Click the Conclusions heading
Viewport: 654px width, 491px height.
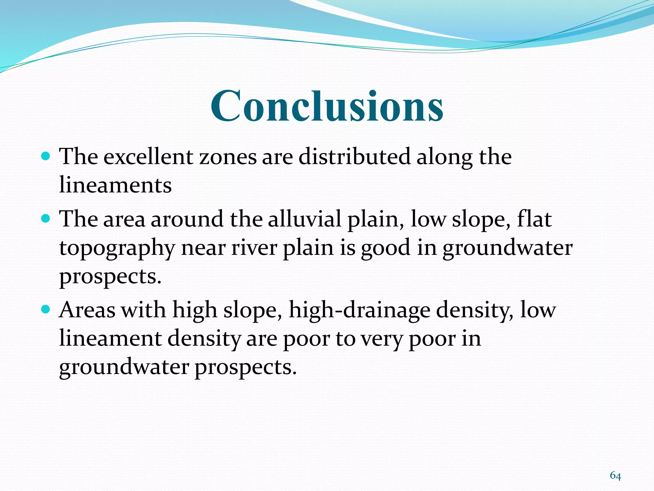pos(327,106)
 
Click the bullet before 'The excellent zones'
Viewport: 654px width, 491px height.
pos(46,156)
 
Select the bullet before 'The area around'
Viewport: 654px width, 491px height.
pos(46,219)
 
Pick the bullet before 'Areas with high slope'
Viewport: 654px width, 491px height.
pos(46,309)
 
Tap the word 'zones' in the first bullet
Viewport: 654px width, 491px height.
pos(228,157)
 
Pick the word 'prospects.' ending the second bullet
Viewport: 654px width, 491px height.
pos(110,277)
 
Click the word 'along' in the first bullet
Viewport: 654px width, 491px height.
pos(444,157)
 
